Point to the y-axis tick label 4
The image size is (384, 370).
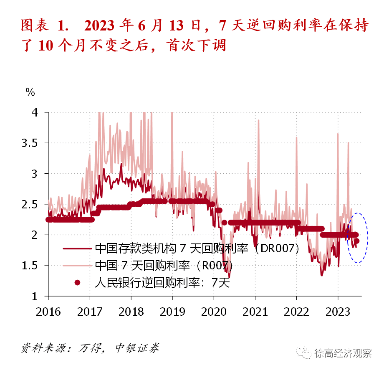pos(35,112)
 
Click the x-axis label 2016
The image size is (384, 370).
pos(48,312)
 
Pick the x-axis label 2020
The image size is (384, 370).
pos(214,312)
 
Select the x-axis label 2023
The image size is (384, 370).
pos(338,312)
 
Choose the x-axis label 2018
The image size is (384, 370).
pos(131,312)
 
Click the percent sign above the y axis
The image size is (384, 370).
pos(30,92)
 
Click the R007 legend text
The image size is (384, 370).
pos(163,266)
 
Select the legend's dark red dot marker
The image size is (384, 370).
pos(77,283)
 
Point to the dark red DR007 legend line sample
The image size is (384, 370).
pos(77,248)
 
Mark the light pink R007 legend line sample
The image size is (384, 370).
pos(77,266)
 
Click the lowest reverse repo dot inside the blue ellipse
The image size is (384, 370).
pos(357,241)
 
